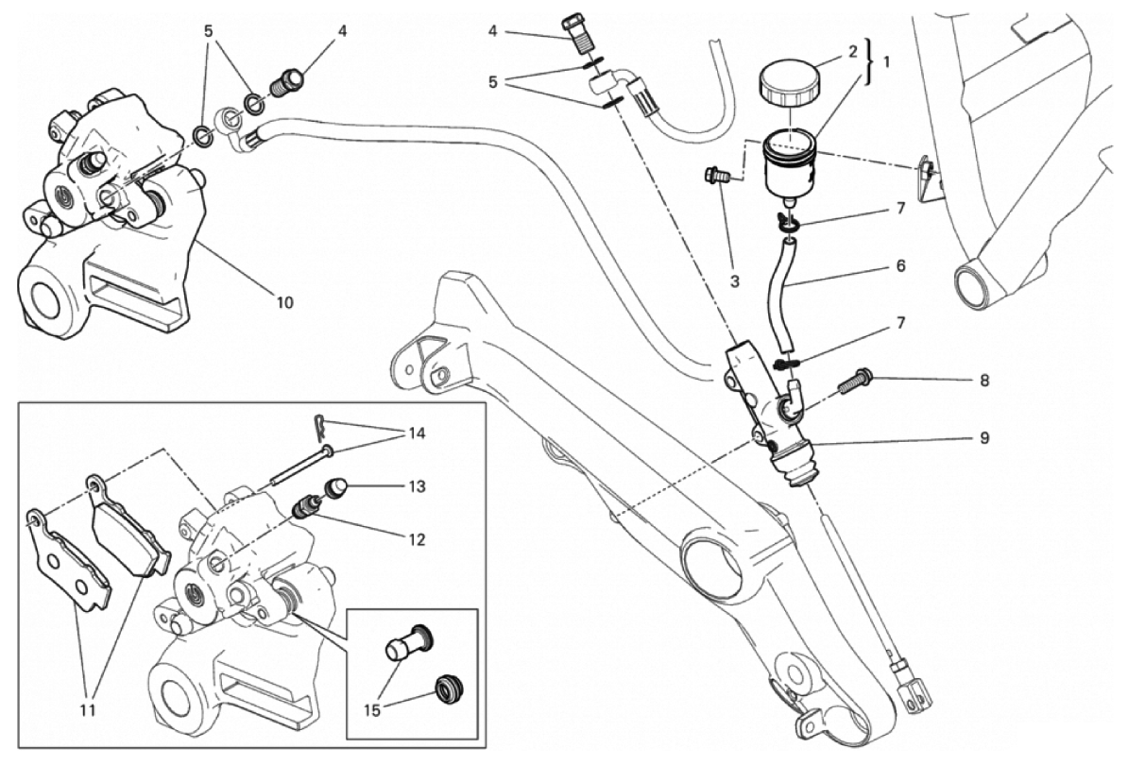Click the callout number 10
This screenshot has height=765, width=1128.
[284, 303]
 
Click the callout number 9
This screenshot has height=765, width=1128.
[983, 438]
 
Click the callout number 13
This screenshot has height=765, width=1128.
[417, 487]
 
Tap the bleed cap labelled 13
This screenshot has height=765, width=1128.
[336, 489]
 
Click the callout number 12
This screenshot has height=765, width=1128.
[416, 541]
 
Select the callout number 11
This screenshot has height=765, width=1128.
[91, 708]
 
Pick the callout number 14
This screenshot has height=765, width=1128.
[416, 434]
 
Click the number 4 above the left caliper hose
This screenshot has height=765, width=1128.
[342, 31]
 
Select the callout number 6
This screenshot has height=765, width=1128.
[899, 267]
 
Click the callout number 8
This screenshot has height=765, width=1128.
[983, 382]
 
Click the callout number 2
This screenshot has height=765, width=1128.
[852, 49]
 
